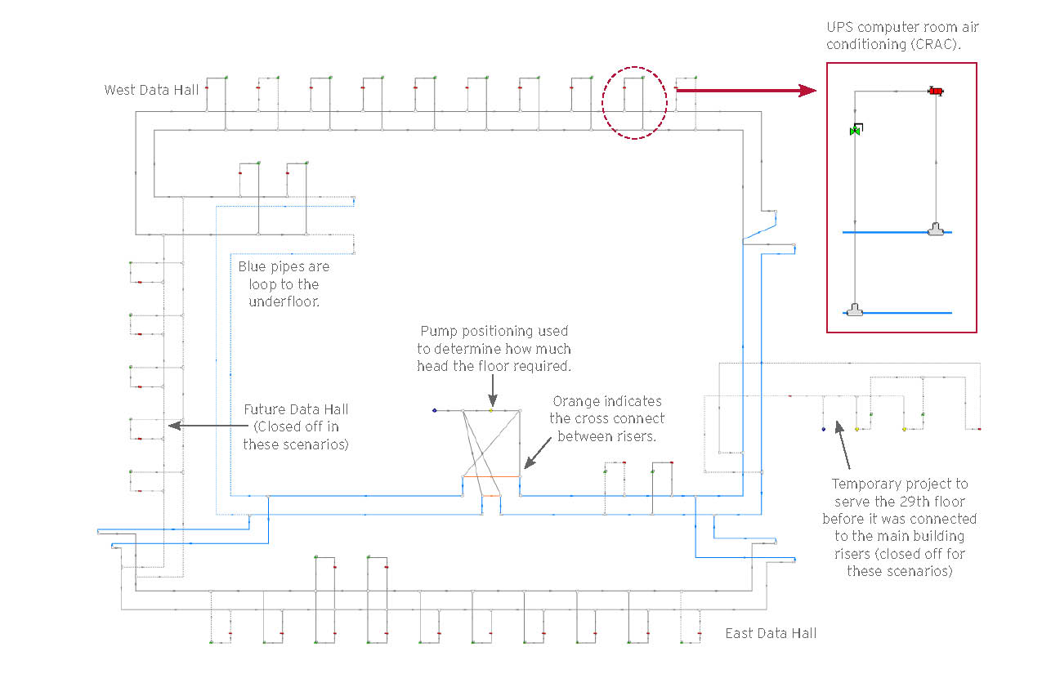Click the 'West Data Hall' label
(151, 90)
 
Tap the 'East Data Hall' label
(771, 633)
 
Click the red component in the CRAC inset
(936, 91)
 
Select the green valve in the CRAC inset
(856, 130)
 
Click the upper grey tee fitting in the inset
(936, 230)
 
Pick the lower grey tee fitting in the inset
(855, 310)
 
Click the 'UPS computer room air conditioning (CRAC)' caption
(902, 35)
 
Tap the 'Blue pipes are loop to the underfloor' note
(284, 283)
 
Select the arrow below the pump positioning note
(493, 391)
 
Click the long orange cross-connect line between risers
(491, 476)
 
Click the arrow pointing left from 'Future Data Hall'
(208, 425)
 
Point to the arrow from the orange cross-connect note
(538, 453)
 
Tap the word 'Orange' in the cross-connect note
(577, 401)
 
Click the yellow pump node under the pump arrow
(491, 410)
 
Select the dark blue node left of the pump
(435, 410)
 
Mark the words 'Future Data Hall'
(296, 409)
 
